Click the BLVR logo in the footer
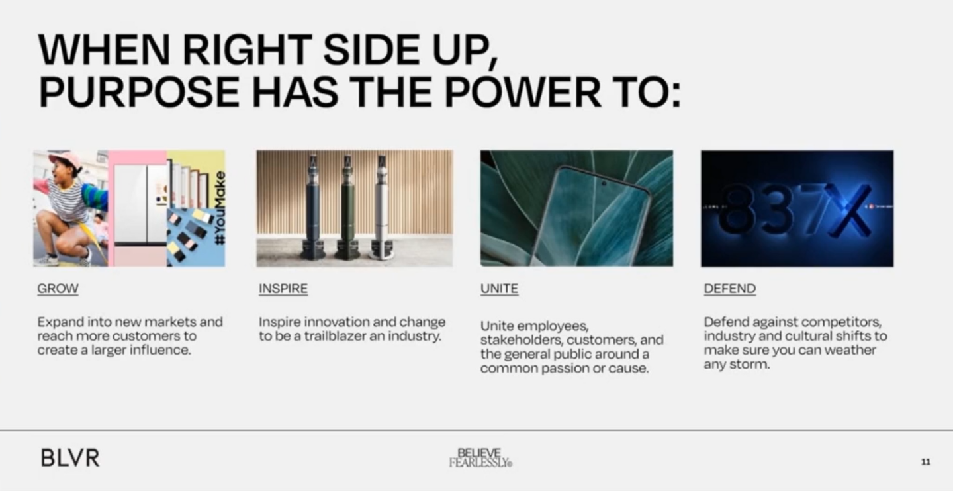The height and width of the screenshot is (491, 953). (70, 458)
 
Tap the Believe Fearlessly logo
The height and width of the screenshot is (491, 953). (480, 457)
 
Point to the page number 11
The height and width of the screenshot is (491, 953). (926, 462)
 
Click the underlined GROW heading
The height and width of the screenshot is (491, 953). (58, 289)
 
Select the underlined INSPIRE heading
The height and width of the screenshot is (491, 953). (283, 289)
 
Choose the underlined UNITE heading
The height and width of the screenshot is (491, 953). (500, 289)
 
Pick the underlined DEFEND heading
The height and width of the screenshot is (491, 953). (730, 289)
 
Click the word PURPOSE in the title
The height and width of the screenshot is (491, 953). (139, 92)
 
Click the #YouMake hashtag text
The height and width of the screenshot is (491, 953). (220, 208)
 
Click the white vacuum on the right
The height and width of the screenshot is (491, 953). (382, 207)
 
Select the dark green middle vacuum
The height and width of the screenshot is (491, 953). (347, 207)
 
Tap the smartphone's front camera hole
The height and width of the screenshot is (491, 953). (604, 184)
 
